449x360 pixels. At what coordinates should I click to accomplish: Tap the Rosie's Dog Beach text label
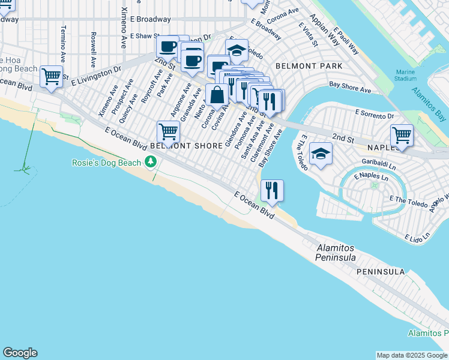point(106,163)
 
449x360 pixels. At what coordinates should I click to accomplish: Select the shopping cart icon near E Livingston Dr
point(52,77)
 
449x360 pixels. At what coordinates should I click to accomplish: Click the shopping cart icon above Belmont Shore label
point(169,131)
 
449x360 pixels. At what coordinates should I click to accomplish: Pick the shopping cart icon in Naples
point(401,135)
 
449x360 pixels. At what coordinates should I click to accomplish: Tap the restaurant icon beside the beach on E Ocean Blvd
point(272,191)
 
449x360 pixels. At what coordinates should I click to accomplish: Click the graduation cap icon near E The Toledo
point(321,155)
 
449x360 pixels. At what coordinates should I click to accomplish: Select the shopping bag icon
point(216,95)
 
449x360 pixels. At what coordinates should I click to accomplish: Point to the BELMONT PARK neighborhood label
point(309,66)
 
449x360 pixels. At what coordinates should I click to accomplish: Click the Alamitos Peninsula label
point(336,253)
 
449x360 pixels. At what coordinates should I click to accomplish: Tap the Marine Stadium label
point(406,75)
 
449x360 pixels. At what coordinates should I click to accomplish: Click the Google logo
point(20,353)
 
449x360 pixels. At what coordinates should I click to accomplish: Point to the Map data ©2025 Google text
point(412,355)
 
